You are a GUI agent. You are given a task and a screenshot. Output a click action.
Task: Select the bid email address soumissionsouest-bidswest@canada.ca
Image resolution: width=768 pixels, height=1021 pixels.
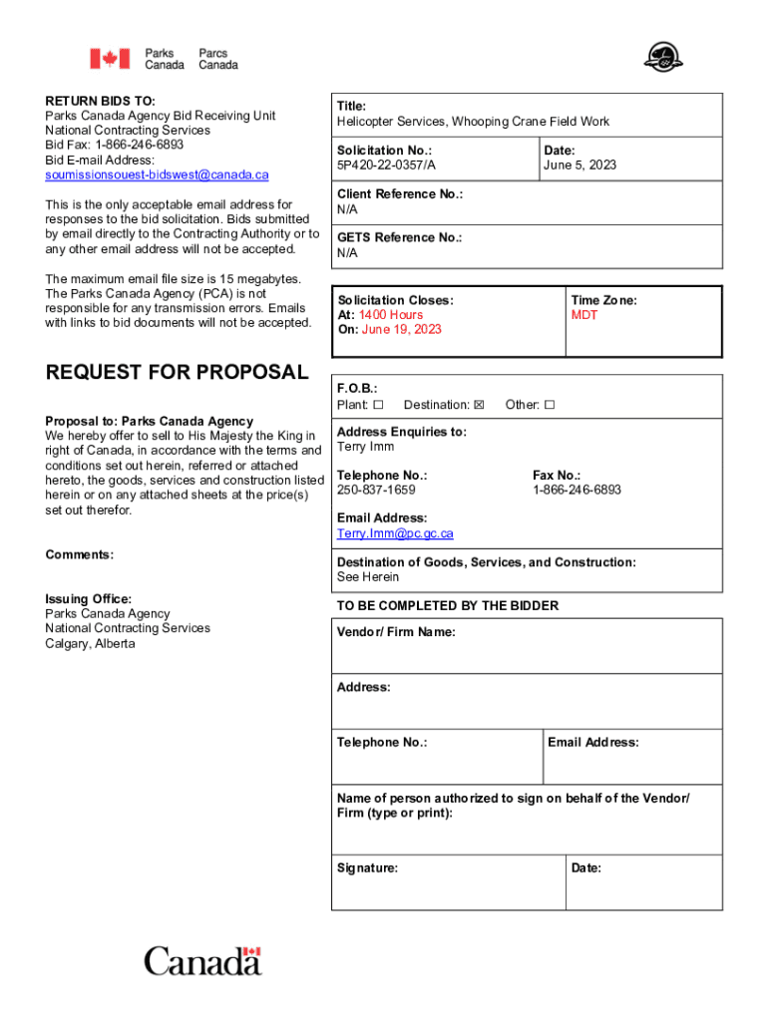tap(157, 174)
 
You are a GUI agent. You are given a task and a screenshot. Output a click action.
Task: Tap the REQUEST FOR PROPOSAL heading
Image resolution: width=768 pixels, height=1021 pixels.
tap(178, 373)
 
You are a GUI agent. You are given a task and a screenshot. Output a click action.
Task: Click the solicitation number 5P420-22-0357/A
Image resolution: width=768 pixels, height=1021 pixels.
tap(386, 166)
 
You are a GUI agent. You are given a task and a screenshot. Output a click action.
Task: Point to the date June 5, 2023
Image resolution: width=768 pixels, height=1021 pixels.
tap(579, 166)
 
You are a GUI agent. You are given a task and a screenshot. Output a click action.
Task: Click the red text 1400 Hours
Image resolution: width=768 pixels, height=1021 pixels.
tap(391, 315)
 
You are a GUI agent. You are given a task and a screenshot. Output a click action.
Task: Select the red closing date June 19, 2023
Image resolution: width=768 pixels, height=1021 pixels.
tap(401, 330)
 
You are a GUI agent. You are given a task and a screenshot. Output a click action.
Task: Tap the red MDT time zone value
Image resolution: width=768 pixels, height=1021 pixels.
tap(584, 315)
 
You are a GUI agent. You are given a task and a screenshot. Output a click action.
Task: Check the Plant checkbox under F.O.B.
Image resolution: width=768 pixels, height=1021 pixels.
tap(378, 405)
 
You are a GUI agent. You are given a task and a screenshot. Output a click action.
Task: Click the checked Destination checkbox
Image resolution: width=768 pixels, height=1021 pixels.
tap(479, 405)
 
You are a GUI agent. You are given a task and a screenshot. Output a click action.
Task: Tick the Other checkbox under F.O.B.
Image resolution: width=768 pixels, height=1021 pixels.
tap(549, 405)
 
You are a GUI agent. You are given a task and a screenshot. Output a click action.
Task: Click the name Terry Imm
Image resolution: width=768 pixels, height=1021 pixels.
tap(365, 447)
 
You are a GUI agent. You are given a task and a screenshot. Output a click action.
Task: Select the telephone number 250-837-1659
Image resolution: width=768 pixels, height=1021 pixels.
tap(376, 491)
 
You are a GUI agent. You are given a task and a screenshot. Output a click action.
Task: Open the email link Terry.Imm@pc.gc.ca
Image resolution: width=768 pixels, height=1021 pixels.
tap(395, 533)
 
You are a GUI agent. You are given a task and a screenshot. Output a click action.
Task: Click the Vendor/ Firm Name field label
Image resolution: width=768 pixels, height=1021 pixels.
tap(396, 632)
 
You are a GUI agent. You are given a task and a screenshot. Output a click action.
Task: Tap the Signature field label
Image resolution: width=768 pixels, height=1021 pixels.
tap(367, 868)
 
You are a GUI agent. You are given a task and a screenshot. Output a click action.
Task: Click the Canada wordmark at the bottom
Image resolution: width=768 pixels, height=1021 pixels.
tap(202, 962)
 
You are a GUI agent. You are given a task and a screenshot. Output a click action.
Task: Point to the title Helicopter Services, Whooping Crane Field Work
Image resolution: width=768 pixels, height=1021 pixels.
tap(473, 122)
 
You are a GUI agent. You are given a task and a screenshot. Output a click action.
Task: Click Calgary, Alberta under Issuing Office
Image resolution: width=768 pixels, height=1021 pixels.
tap(90, 643)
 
